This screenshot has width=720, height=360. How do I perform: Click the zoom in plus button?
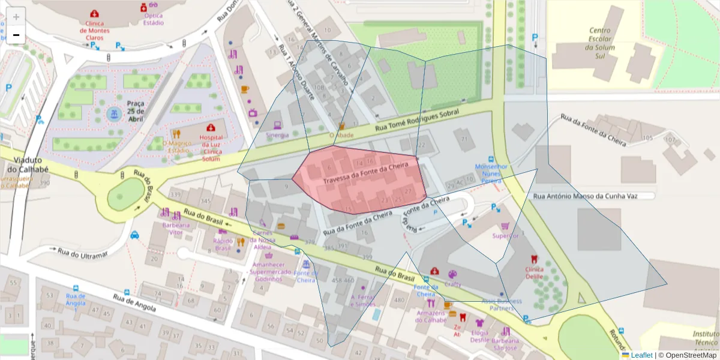point(16,17)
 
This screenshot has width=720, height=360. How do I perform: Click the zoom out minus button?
point(16,35)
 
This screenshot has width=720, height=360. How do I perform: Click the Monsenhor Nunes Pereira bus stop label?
point(491,173)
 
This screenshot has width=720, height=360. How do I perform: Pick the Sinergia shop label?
point(277,135)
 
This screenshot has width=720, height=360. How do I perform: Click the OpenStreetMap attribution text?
point(690,355)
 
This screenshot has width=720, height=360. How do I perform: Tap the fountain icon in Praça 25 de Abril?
point(113,113)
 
